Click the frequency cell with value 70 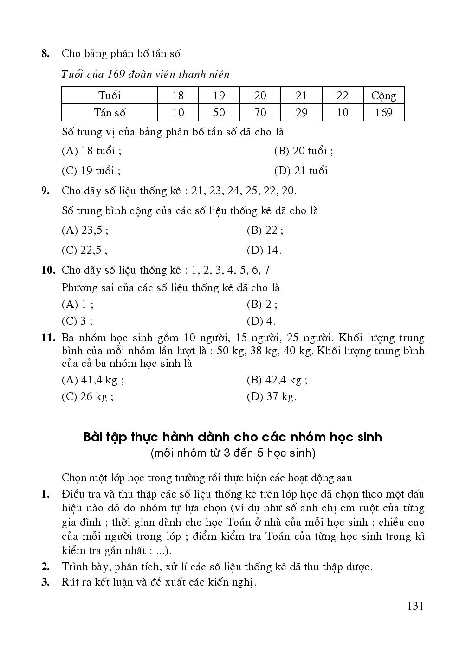pyautogui.click(x=260, y=113)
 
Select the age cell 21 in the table pyautogui.click(x=301, y=96)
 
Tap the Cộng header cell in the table pyautogui.click(x=383, y=96)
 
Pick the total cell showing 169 pyautogui.click(x=383, y=113)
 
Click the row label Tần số pyautogui.click(x=110, y=113)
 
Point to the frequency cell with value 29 pyautogui.click(x=301, y=113)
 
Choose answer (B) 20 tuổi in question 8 pyautogui.click(x=304, y=151)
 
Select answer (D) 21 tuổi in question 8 pyautogui.click(x=303, y=171)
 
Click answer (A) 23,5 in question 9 pyautogui.click(x=85, y=230)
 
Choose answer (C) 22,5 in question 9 pyautogui.click(x=84, y=250)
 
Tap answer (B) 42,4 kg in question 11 pyautogui.click(x=277, y=380)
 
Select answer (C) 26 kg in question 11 pyautogui.click(x=88, y=397)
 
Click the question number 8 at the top pyautogui.click(x=45, y=53)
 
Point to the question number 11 pyautogui.click(x=48, y=338)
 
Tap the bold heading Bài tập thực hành pyautogui.click(x=233, y=437)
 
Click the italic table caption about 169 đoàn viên pyautogui.click(x=146, y=74)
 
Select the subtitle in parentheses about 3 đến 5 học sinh pyautogui.click(x=233, y=453)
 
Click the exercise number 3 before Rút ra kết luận pyautogui.click(x=45, y=582)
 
